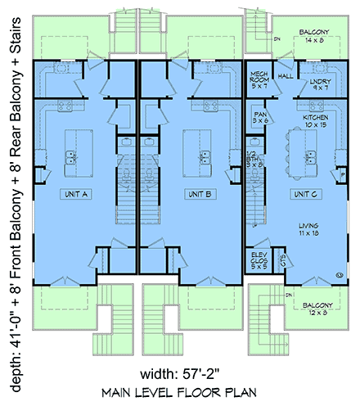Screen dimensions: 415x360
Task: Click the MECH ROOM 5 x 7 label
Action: (x=259, y=79)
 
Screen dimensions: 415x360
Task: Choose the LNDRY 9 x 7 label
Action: (x=320, y=84)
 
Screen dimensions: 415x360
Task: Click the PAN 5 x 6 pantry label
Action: (x=261, y=117)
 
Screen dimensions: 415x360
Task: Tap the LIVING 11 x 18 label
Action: (x=309, y=230)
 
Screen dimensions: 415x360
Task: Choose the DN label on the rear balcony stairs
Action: (x=278, y=38)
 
